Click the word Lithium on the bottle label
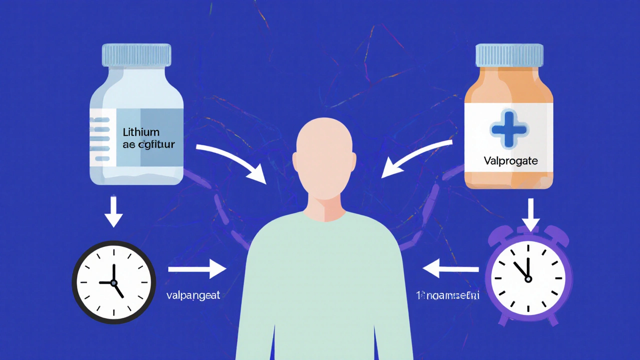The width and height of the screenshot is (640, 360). click(140, 132)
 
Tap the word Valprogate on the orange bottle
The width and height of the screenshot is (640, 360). click(510, 161)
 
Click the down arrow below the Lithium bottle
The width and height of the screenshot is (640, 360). click(114, 212)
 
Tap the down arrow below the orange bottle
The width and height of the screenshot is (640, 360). click(530, 214)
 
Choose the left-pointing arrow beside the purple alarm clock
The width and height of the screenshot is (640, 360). click(450, 269)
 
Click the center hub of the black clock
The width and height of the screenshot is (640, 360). click(114, 282)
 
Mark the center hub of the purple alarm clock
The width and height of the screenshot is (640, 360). click(528, 279)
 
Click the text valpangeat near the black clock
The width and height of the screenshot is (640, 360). click(192, 295)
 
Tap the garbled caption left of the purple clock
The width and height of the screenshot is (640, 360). click(447, 295)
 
